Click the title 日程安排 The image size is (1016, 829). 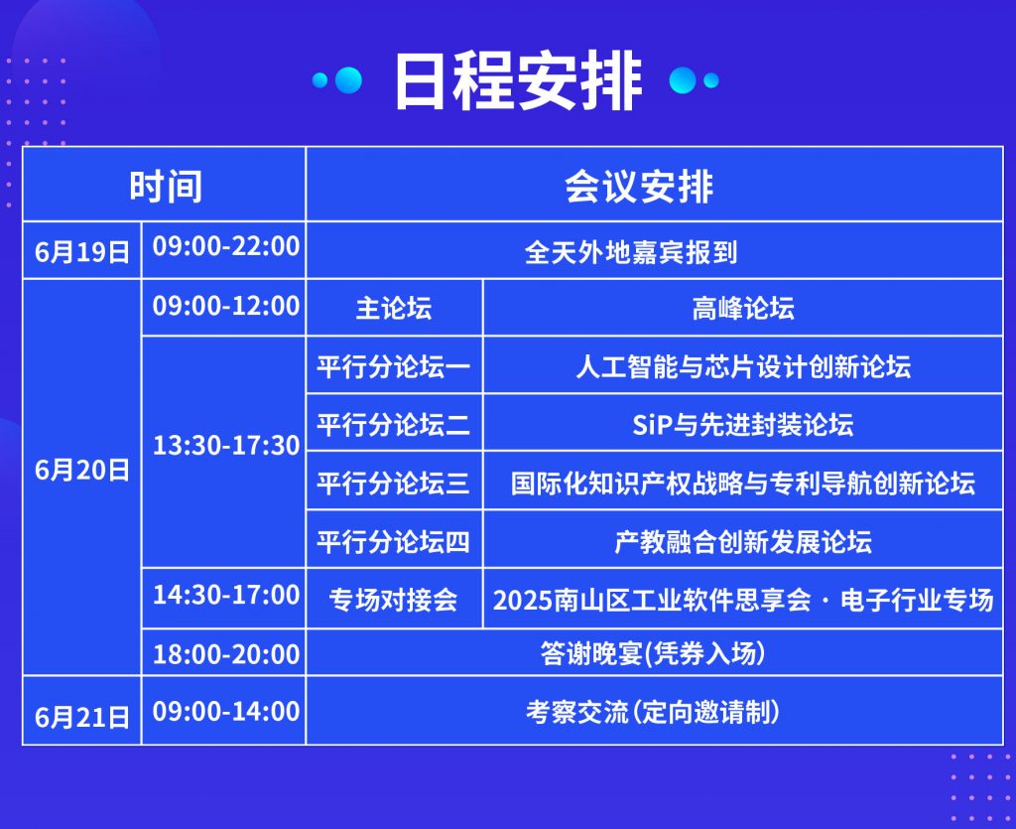[x=518, y=81]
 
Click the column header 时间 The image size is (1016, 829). [x=166, y=187]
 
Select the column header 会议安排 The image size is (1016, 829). [x=639, y=187]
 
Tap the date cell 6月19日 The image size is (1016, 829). [x=82, y=251]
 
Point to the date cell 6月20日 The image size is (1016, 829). [x=82, y=470]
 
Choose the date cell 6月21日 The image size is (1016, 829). [x=82, y=717]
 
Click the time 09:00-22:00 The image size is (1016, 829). [x=226, y=246]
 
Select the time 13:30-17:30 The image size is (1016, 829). [x=226, y=446]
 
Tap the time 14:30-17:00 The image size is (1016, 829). [x=226, y=595]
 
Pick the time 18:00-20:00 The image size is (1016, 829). [x=226, y=654]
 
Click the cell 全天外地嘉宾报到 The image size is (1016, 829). [x=631, y=252]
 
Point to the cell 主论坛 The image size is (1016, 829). [x=393, y=308]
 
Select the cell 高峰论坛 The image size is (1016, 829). [x=742, y=308]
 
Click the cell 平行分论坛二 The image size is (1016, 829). [x=393, y=425]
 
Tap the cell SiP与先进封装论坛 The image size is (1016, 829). [x=742, y=425]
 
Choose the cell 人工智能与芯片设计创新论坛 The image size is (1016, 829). [x=742, y=367]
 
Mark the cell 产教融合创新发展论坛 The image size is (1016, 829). [x=742, y=542]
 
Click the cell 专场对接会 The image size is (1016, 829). [x=393, y=601]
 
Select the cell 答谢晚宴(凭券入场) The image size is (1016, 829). [x=653, y=653]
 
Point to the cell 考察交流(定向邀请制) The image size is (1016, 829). [x=653, y=712]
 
